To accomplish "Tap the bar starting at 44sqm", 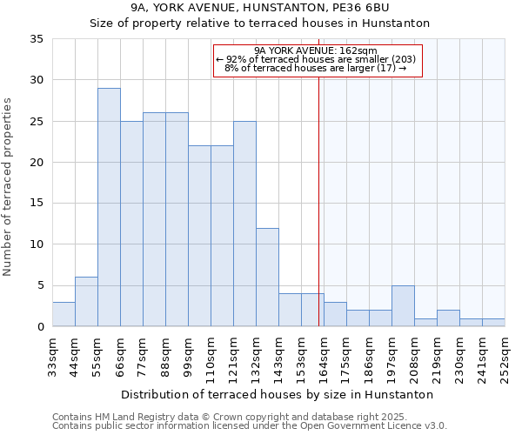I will (86, 301).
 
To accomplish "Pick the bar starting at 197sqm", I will (403, 305).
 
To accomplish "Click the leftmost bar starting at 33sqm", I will (64, 314).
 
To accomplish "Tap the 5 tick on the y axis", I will (40, 285).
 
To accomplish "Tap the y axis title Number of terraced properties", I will (8, 187).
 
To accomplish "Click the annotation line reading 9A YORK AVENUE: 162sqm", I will (316, 50).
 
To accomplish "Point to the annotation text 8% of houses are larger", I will (316, 68).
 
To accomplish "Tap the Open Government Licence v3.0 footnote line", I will (250, 426).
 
